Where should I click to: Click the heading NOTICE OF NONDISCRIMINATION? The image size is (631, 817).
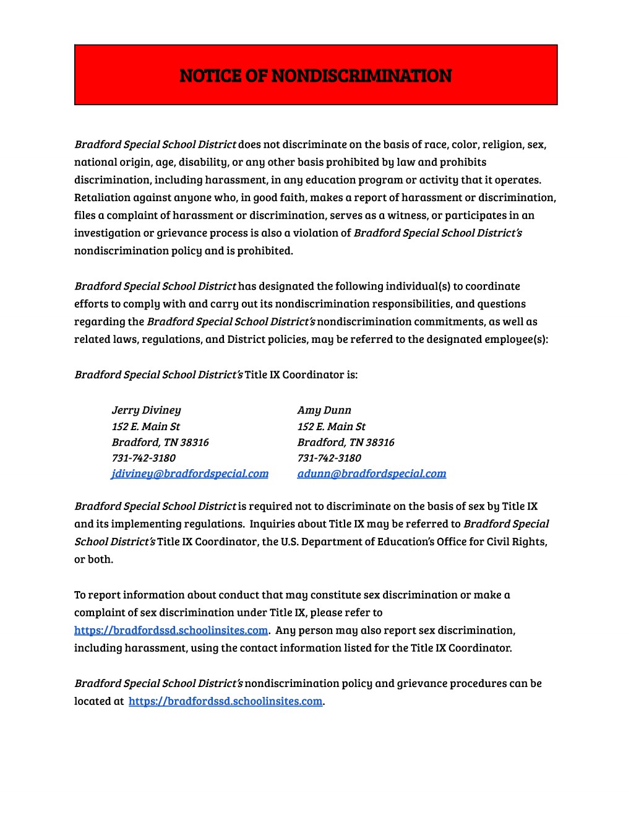pos(315,76)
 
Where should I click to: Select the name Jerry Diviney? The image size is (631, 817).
pos(146,410)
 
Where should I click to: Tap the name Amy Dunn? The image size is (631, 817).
pos(324,410)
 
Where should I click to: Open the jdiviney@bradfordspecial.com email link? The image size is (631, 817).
pos(190,473)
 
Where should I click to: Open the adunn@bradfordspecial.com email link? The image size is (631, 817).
pos(371,473)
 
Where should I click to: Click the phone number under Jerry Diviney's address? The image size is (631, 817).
pos(144,458)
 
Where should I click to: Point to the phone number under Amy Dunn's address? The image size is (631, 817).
pos(329,458)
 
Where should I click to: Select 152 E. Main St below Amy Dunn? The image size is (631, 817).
pos(331,426)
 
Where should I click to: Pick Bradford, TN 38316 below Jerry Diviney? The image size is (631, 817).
pos(160,442)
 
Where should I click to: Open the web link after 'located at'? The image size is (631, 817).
pos(225,701)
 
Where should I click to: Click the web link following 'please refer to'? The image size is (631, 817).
pos(171,630)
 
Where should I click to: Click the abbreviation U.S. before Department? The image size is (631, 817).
pos(290,542)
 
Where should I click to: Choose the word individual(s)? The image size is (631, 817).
pos(418,286)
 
